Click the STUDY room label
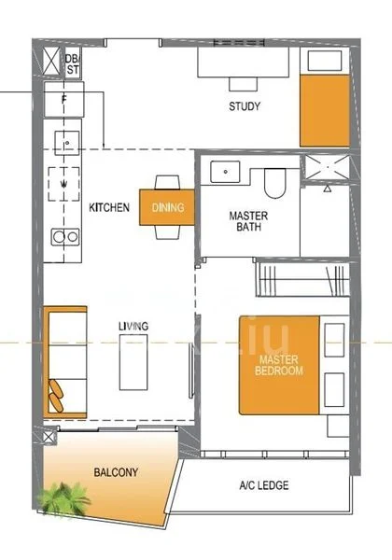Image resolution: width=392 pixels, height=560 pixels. pos(245,106)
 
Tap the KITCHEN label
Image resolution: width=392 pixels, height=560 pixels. pos(109,207)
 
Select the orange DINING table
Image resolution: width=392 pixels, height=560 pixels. pos(167,207)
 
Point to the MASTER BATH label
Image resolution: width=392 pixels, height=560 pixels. pos(248,221)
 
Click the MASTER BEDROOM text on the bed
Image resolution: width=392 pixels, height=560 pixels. pos(279,365)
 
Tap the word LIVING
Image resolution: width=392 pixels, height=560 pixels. pos(133,326)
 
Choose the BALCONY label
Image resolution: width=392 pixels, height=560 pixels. pos(116,472)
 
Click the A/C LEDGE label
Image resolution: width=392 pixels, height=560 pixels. pos(264,485)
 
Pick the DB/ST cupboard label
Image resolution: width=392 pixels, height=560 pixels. pos(73,64)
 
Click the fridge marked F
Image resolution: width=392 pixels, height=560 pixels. pos(64,99)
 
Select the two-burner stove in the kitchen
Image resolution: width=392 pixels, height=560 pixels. pos(65,237)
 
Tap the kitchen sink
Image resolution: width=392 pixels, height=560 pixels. pos(67,143)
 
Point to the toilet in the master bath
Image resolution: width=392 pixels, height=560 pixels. pos(275,183)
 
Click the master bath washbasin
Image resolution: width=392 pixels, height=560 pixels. pos(225,172)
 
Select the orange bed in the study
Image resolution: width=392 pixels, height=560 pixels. pos(325,110)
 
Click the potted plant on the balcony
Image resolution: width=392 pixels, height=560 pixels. pos(63,499)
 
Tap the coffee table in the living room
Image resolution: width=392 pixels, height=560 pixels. pos(133,362)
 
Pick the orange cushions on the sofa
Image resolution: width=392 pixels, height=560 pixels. pos(56,396)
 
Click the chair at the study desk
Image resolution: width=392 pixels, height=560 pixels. pos(243,84)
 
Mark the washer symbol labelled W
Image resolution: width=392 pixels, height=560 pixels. pos(63,184)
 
